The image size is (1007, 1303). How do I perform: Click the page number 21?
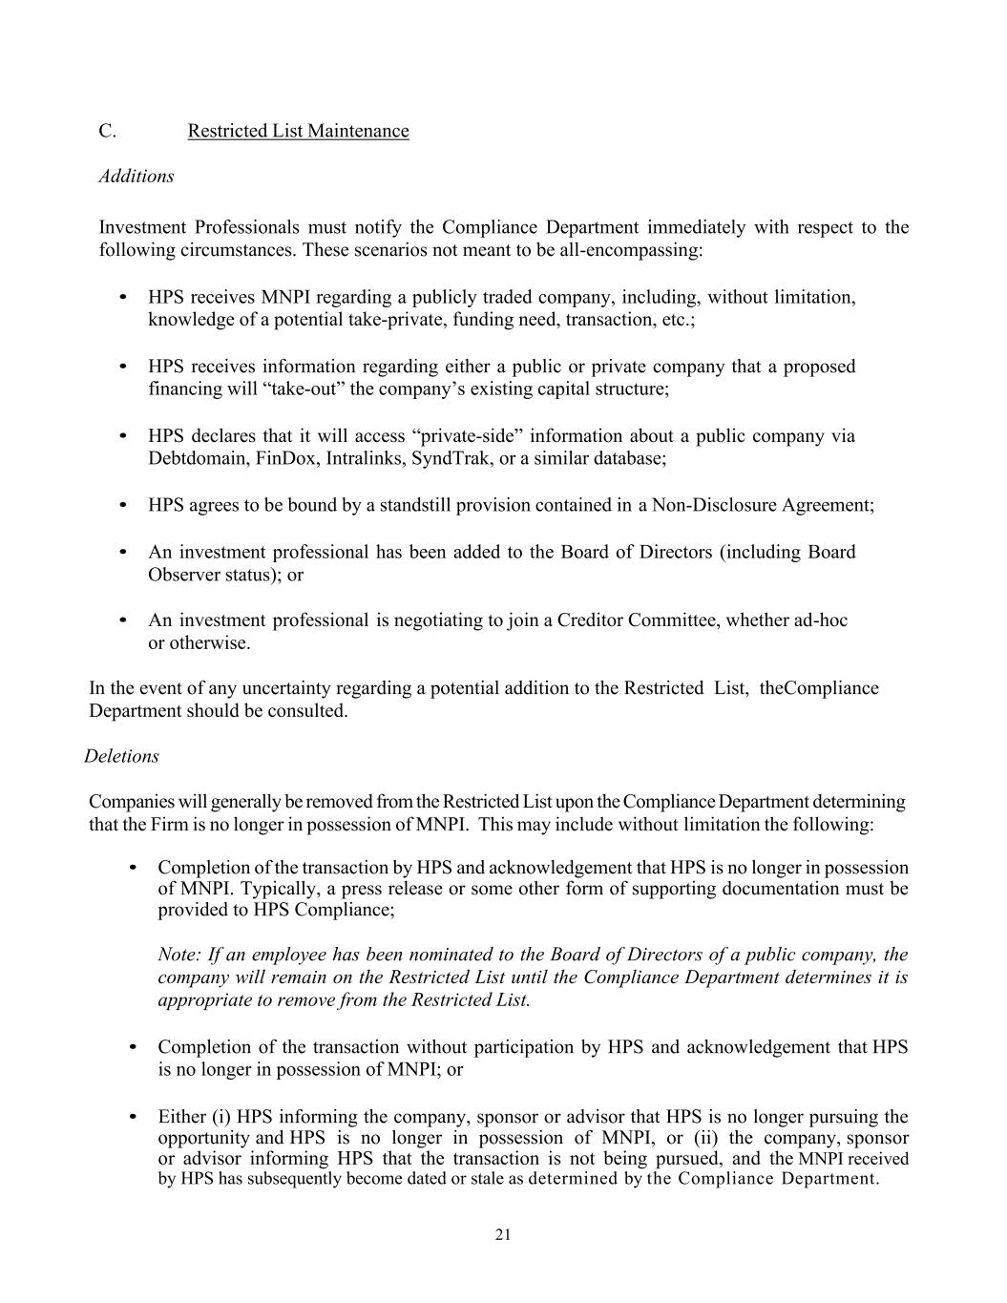point(503,1235)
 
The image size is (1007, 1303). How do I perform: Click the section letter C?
point(107,131)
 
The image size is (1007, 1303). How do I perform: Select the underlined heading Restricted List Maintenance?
point(298,131)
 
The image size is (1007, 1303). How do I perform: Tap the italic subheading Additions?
point(136,177)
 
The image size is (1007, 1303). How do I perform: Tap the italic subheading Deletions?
point(121,756)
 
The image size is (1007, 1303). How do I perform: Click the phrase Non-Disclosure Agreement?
point(761,505)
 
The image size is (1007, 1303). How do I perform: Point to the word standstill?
point(420,505)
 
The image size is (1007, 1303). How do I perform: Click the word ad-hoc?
point(820,620)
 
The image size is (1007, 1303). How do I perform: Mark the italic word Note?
point(179,956)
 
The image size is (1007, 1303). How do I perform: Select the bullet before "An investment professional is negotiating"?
point(123,620)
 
